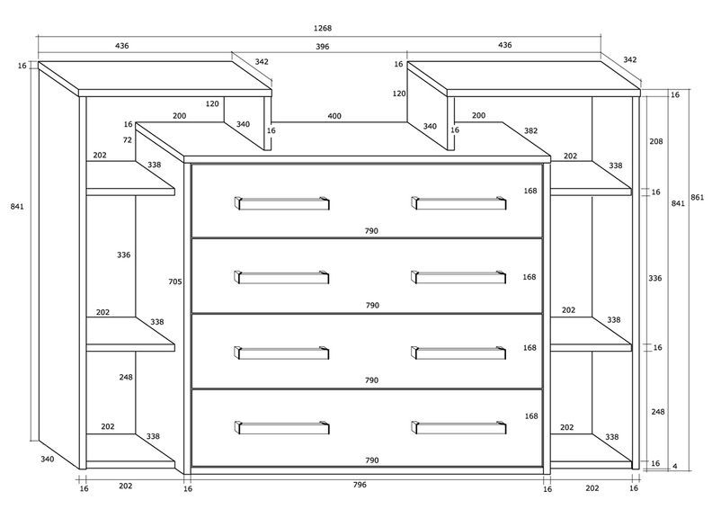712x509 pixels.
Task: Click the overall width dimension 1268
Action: (323, 28)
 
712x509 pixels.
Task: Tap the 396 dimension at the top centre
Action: (323, 47)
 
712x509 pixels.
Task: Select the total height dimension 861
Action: (697, 197)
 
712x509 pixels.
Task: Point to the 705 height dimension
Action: (174, 281)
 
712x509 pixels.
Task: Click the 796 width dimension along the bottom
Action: (360, 485)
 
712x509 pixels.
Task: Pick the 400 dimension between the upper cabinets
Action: (334, 116)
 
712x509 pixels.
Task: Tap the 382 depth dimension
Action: (530, 130)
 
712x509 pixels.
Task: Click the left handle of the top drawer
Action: (282, 203)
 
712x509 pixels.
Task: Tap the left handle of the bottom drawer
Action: (282, 427)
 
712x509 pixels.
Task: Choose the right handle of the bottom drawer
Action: (458, 427)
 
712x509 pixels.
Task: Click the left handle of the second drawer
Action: (282, 277)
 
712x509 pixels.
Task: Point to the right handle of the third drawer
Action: (458, 353)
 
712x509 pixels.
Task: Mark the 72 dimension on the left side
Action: (127, 140)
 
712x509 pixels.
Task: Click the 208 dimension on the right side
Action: (655, 141)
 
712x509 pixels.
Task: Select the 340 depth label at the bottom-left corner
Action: (48, 459)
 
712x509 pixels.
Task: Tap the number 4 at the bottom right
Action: (675, 467)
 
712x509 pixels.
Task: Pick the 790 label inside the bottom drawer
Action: (372, 460)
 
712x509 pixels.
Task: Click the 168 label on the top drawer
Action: (530, 191)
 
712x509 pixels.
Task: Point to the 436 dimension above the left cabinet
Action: (121, 46)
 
